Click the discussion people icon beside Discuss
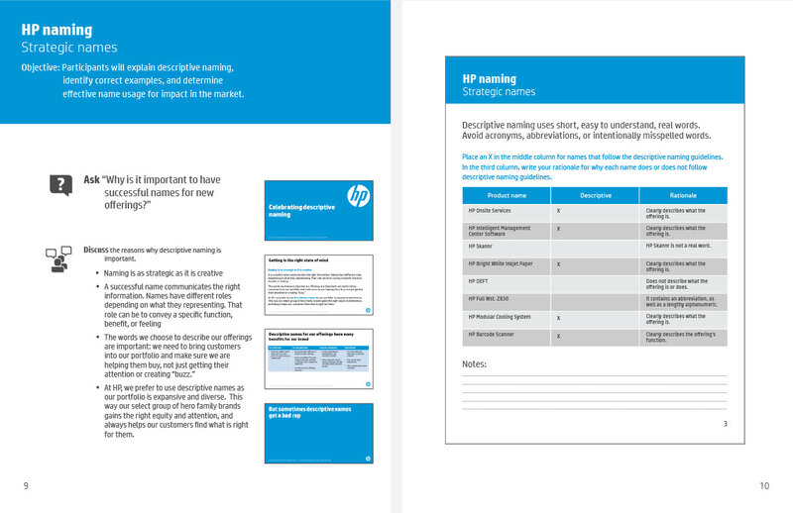59,257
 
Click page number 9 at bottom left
26,484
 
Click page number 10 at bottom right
764,485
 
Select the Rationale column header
683,195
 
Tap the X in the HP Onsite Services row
559,211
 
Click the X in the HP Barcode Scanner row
559,335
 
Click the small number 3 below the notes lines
725,424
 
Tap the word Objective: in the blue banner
40,66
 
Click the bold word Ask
92,179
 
